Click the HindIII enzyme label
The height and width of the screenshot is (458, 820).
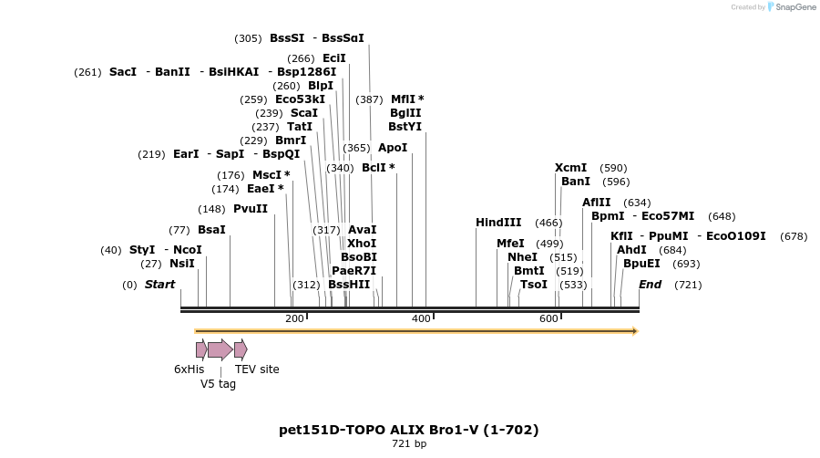498,223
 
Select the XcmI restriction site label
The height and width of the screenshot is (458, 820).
571,168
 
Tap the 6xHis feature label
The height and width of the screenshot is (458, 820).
190,370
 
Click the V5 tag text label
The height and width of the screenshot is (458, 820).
218,384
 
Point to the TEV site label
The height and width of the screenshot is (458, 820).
257,370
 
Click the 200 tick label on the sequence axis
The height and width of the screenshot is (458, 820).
294,318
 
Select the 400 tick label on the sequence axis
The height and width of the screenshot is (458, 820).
421,318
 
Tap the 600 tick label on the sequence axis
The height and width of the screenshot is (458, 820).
548,318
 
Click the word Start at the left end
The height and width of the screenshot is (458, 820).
159,285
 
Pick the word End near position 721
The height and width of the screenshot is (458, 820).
650,285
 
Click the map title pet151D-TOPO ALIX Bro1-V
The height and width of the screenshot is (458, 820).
408,430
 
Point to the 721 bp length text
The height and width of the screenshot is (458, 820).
408,444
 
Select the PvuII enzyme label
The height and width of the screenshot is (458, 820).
251,209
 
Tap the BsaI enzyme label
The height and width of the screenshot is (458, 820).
211,230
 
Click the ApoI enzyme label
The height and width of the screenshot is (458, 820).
393,148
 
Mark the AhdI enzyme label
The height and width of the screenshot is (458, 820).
631,250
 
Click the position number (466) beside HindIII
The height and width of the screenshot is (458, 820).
548,223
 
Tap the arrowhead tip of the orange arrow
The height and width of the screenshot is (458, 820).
636,331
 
